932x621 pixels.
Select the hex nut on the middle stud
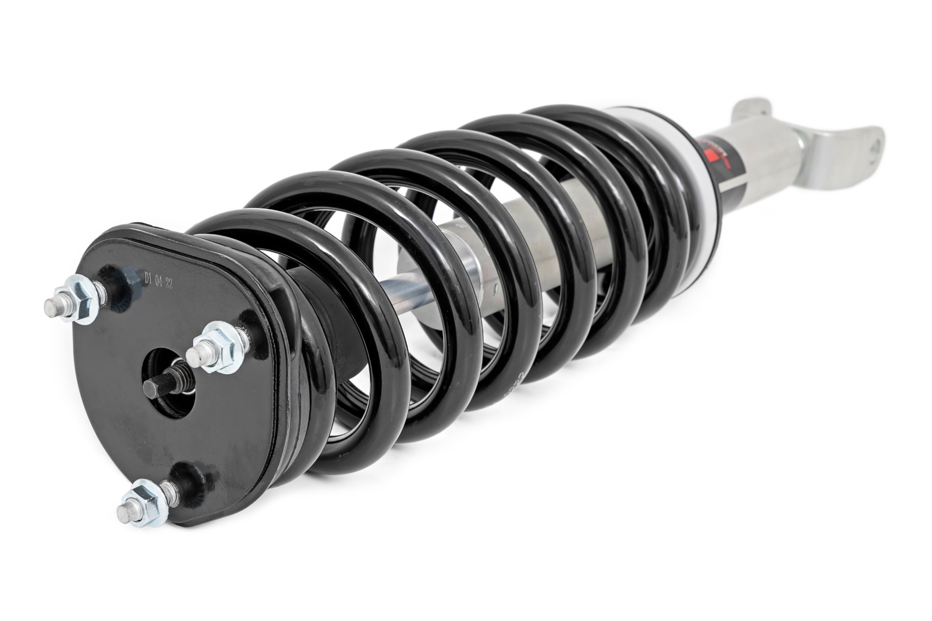tap(222, 348)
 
